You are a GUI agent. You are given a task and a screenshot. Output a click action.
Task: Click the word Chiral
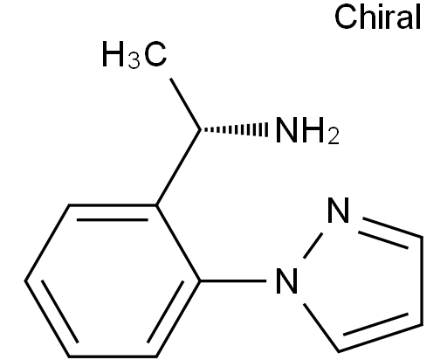[377, 17]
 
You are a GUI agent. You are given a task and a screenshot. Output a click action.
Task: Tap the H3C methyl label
[134, 54]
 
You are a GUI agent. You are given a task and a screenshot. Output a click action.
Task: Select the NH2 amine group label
[307, 130]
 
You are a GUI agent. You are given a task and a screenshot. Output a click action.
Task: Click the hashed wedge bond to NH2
[234, 129]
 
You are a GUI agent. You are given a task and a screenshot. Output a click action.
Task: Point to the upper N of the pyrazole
[338, 210]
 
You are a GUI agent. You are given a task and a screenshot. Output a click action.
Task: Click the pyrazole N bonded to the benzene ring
[286, 280]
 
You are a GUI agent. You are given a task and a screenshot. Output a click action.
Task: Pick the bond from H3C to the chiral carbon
[185, 104]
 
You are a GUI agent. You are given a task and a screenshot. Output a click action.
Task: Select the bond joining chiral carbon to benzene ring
[178, 168]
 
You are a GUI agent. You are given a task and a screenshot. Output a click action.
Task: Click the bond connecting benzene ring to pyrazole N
[233, 280]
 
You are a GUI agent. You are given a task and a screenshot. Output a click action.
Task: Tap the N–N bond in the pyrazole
[313, 246]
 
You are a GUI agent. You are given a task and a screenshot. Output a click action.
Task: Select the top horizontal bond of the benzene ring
[113, 205]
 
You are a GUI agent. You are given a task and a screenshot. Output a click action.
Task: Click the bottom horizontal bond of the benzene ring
[113, 356]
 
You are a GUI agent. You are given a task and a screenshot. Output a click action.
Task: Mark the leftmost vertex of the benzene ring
[25, 280]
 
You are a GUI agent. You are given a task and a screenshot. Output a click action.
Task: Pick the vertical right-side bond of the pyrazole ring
[422, 280]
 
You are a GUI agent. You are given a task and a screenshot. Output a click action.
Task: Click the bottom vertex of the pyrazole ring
[339, 351]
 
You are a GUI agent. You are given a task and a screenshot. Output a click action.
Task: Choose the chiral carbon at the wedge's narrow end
[200, 129]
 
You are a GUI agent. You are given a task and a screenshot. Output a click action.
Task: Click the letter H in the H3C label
[113, 54]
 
